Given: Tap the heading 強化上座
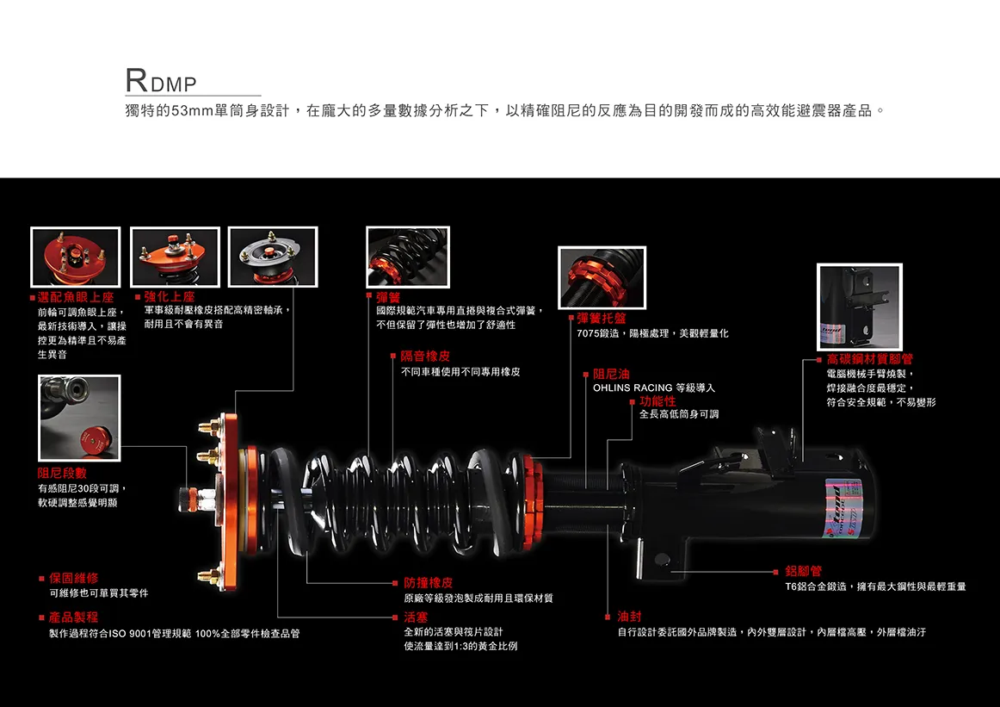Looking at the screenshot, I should point(170,297).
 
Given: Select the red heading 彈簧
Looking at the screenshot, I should point(388,297).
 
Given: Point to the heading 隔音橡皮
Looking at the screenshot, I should point(425,356).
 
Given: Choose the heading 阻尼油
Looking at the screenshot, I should point(611,375).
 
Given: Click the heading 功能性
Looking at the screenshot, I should point(657,400).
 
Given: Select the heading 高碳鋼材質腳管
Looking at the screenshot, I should point(869,359).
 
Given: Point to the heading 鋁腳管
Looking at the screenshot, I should point(803,571).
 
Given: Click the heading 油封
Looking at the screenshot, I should point(629,617).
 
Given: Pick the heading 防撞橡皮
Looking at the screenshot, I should point(428,583).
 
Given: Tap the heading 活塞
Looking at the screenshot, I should point(416,617).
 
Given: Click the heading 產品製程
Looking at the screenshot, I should point(73,617).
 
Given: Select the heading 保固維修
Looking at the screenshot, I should point(73,578).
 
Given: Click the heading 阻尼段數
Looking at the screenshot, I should point(62,473).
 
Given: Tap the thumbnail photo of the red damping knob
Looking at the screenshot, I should point(79,419).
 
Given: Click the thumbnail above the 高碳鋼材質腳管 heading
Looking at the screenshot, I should point(858,307).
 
